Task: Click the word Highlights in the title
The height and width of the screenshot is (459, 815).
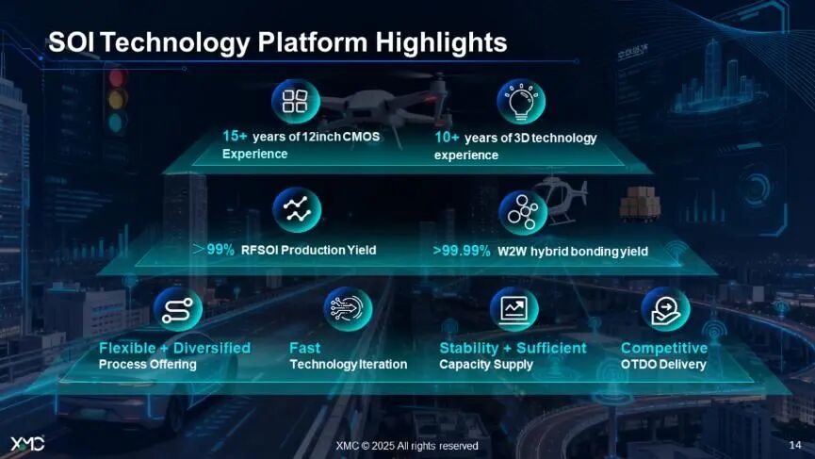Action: point(441,42)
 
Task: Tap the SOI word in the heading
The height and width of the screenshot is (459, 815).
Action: point(72,42)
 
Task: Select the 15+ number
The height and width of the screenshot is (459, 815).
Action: point(235,136)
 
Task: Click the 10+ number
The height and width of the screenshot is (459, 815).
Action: point(447,138)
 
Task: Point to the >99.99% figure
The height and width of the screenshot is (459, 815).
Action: point(462,251)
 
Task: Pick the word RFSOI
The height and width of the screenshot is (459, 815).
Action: point(259,250)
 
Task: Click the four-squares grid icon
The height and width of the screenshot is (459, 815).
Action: point(295,101)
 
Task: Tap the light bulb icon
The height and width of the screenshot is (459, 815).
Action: point(521,102)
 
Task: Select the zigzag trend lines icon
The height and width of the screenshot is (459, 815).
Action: point(297,209)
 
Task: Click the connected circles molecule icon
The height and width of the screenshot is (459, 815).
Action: point(523,211)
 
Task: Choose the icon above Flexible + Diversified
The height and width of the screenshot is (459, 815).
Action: point(178,310)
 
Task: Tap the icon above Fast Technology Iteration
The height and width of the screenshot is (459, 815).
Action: point(348,309)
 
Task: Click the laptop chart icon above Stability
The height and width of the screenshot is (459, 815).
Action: point(514,309)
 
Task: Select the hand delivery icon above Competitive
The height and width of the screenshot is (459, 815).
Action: point(666,309)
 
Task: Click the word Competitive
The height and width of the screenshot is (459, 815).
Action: point(664,348)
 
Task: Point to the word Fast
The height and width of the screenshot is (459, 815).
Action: point(304,348)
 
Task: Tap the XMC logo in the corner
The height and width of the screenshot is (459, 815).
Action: point(27,443)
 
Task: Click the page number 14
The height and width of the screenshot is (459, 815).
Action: point(795,445)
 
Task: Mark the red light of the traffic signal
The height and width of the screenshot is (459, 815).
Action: point(118,78)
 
